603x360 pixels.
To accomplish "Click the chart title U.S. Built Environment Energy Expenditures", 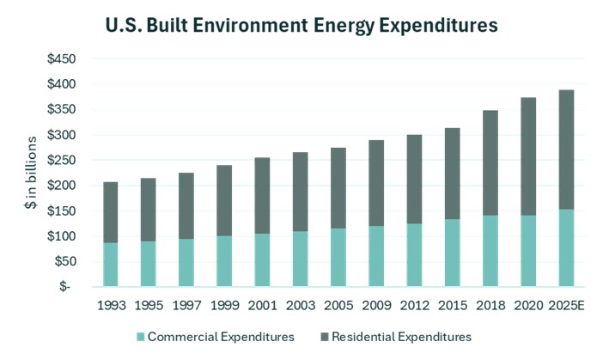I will point(301,25).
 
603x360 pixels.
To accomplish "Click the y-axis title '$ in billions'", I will point(32,173).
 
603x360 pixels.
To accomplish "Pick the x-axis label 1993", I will point(111,306).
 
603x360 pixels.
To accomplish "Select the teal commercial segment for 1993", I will point(111,265).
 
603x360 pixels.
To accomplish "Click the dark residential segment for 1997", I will point(185,206).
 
